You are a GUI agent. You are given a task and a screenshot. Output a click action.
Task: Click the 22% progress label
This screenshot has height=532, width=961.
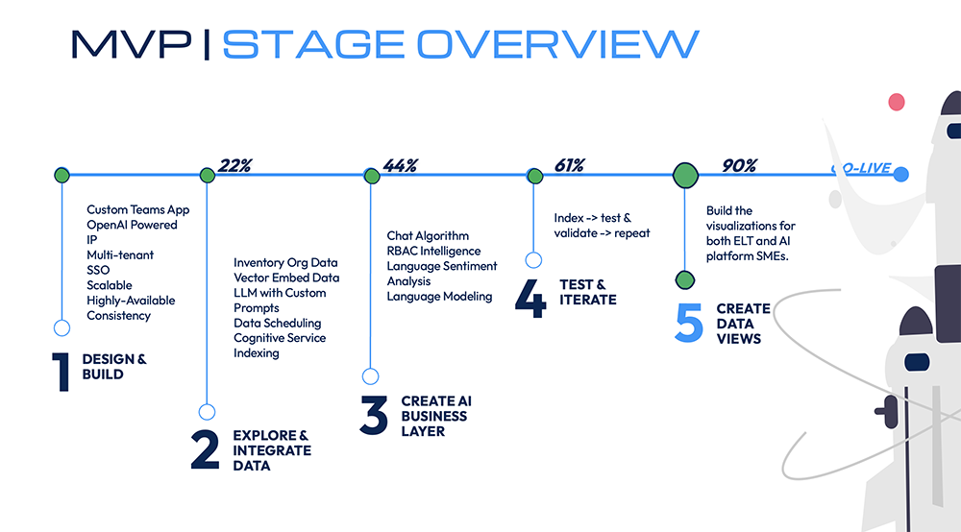pos(234,165)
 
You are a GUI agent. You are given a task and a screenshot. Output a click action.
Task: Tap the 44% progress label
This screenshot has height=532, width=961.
pos(400,165)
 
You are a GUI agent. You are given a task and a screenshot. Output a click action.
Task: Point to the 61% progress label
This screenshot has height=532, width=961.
pos(569,165)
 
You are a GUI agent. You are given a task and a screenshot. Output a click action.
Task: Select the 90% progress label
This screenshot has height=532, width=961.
pos(740,165)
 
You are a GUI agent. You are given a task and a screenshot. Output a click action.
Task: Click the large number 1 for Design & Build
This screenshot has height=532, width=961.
pos(61,373)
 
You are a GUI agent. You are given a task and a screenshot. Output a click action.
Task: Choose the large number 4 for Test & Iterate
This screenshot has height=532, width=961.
pos(530,297)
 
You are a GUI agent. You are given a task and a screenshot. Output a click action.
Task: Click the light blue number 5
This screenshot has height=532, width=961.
pos(689,324)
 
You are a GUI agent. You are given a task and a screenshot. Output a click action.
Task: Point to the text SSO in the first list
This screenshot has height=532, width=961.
pos(98,270)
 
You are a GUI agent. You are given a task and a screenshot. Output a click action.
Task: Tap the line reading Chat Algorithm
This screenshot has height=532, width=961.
pos(428,235)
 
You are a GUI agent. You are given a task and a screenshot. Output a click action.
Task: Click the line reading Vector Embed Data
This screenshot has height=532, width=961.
pos(286,278)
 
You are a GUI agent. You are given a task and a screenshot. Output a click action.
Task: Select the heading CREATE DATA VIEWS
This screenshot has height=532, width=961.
pos(743,324)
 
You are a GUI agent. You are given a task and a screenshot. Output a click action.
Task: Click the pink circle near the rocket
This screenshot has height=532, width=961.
pos(897,101)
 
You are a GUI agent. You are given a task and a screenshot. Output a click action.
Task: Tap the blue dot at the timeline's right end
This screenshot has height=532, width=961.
pos(899,174)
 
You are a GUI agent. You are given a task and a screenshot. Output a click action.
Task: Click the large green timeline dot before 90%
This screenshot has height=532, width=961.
pos(685,175)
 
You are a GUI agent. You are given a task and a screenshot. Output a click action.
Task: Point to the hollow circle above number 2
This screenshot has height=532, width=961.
pos(207,412)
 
